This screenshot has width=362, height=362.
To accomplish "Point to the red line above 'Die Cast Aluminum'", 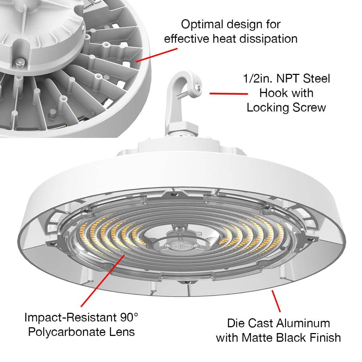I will [x=276, y=300].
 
